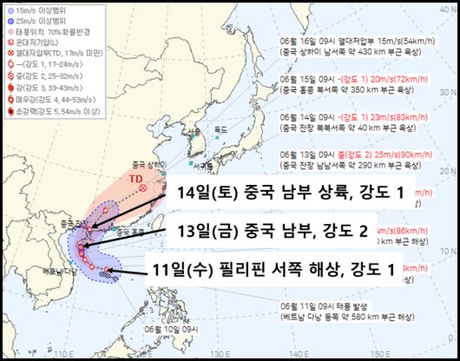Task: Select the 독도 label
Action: pos(227,129)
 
